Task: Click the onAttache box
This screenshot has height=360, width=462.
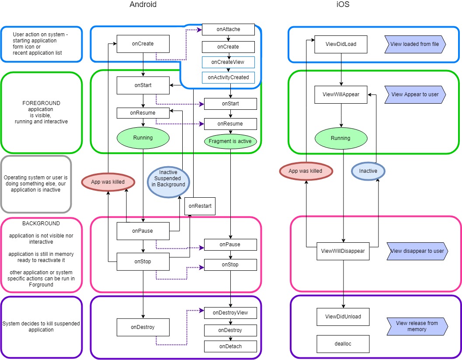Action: click(x=228, y=30)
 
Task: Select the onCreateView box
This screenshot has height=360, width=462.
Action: click(x=228, y=62)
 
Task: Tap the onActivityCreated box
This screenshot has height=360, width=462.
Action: click(x=228, y=77)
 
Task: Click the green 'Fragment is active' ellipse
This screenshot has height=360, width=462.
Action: click(x=230, y=141)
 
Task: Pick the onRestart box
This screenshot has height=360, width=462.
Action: click(x=200, y=206)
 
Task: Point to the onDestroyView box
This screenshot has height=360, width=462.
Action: click(x=230, y=313)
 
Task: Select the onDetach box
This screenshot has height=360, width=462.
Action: click(x=230, y=346)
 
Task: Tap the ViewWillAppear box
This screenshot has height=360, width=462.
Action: click(x=341, y=94)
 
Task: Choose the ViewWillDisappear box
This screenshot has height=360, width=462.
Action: click(x=343, y=251)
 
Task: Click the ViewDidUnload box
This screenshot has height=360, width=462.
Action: click(x=343, y=317)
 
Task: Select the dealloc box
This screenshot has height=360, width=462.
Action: click(x=343, y=344)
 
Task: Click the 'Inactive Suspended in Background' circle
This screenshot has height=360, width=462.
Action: click(x=168, y=178)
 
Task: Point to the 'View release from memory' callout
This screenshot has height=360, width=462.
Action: click(x=417, y=326)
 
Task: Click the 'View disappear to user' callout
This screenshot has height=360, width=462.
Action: click(x=417, y=251)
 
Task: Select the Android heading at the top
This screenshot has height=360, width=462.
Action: click(x=143, y=5)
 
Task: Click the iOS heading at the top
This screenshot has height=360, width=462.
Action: click(x=343, y=5)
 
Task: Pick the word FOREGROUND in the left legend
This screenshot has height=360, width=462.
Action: click(x=42, y=103)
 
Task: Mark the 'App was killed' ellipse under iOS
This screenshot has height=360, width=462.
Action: click(x=306, y=171)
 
